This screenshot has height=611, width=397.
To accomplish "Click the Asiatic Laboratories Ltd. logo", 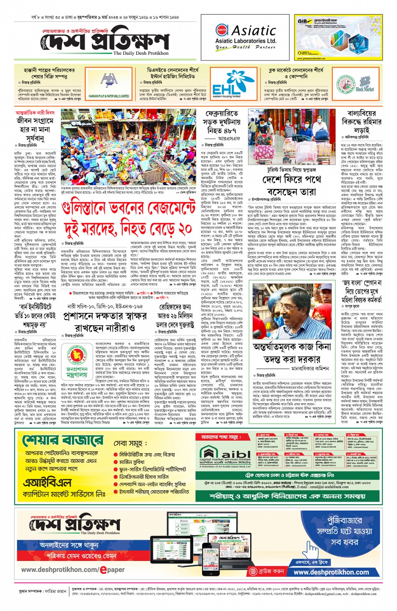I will pos(245,37).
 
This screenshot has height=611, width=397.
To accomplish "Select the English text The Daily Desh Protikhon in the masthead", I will pos(141,53).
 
